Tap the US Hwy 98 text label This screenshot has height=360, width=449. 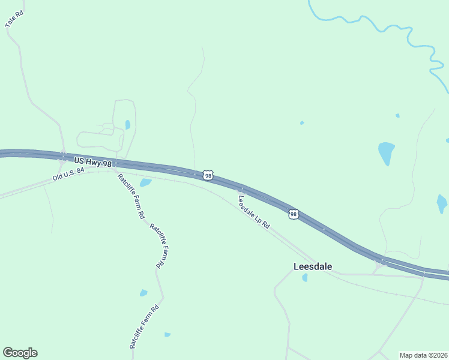pos(93,161)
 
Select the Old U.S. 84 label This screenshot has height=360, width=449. pos(69,174)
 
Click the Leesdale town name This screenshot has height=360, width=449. pos(312,266)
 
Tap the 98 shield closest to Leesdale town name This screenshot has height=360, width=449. pos(293,214)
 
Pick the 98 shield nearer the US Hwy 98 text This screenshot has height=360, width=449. pos(208,175)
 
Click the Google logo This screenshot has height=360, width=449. pos(20,353)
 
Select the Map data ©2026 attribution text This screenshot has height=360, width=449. pos(423,355)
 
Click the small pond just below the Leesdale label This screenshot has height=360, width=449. pos(305,277)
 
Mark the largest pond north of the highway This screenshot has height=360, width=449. pos(386,152)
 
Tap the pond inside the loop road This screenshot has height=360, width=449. pos(127,125)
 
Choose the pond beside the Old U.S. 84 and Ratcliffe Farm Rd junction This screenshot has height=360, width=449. pos(145,182)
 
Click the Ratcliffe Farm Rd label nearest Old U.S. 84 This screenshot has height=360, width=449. pos(131,196)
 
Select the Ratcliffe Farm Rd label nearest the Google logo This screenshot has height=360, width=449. pos(144,327)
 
